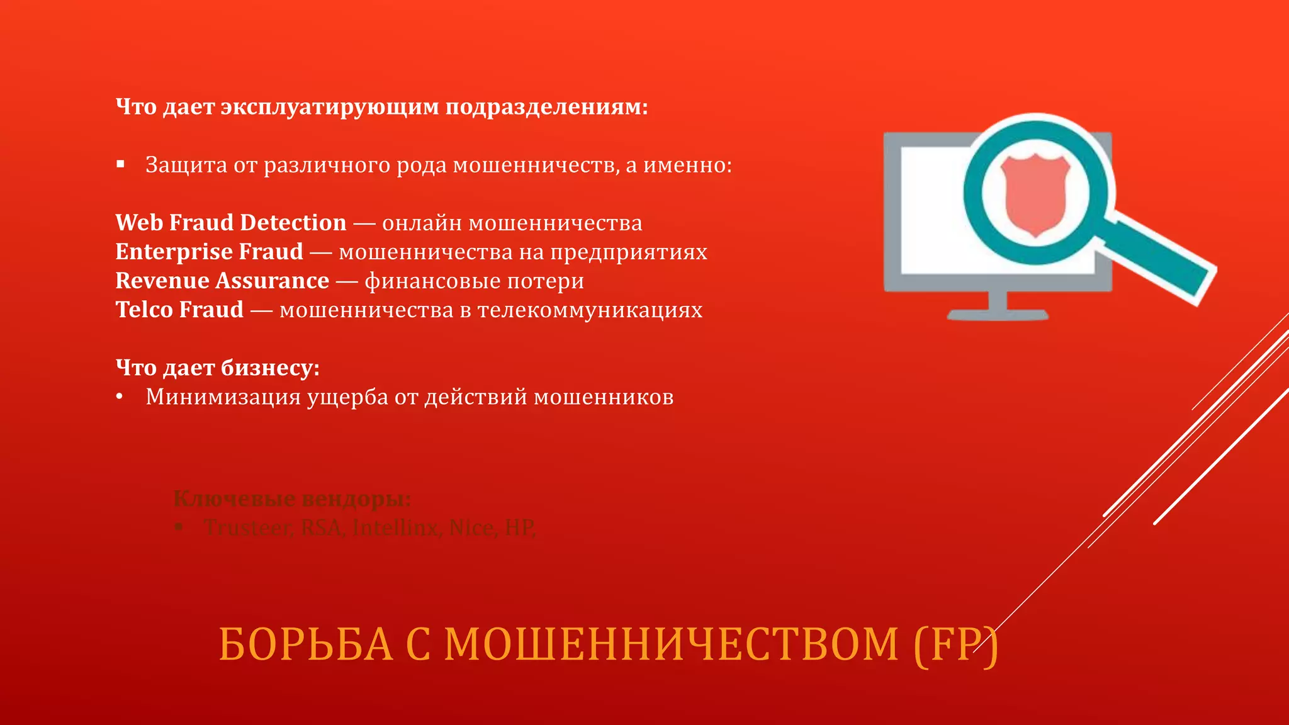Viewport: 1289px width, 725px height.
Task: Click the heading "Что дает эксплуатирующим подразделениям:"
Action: [x=381, y=107]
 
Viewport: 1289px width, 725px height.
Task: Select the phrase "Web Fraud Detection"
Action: [x=230, y=223]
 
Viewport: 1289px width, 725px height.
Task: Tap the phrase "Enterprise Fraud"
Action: [x=209, y=252]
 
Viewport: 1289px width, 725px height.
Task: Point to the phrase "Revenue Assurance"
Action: [x=222, y=281]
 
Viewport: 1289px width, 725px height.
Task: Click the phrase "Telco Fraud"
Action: [x=179, y=310]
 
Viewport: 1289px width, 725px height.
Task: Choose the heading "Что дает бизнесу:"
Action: [x=217, y=368]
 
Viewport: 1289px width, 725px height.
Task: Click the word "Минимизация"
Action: [x=223, y=397]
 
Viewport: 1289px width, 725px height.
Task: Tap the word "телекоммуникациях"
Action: [x=590, y=310]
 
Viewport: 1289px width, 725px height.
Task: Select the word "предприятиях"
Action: [x=629, y=252]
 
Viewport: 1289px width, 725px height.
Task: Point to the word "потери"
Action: [x=545, y=281]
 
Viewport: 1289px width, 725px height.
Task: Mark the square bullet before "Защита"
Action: [x=121, y=165]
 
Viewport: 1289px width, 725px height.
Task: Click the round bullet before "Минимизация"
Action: [x=120, y=397]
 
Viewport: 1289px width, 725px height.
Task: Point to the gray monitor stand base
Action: [x=998, y=313]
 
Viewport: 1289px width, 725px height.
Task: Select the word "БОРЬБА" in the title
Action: [x=305, y=644]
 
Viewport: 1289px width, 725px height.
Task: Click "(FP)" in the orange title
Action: [x=955, y=644]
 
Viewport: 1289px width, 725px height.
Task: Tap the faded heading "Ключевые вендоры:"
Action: [x=292, y=499]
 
